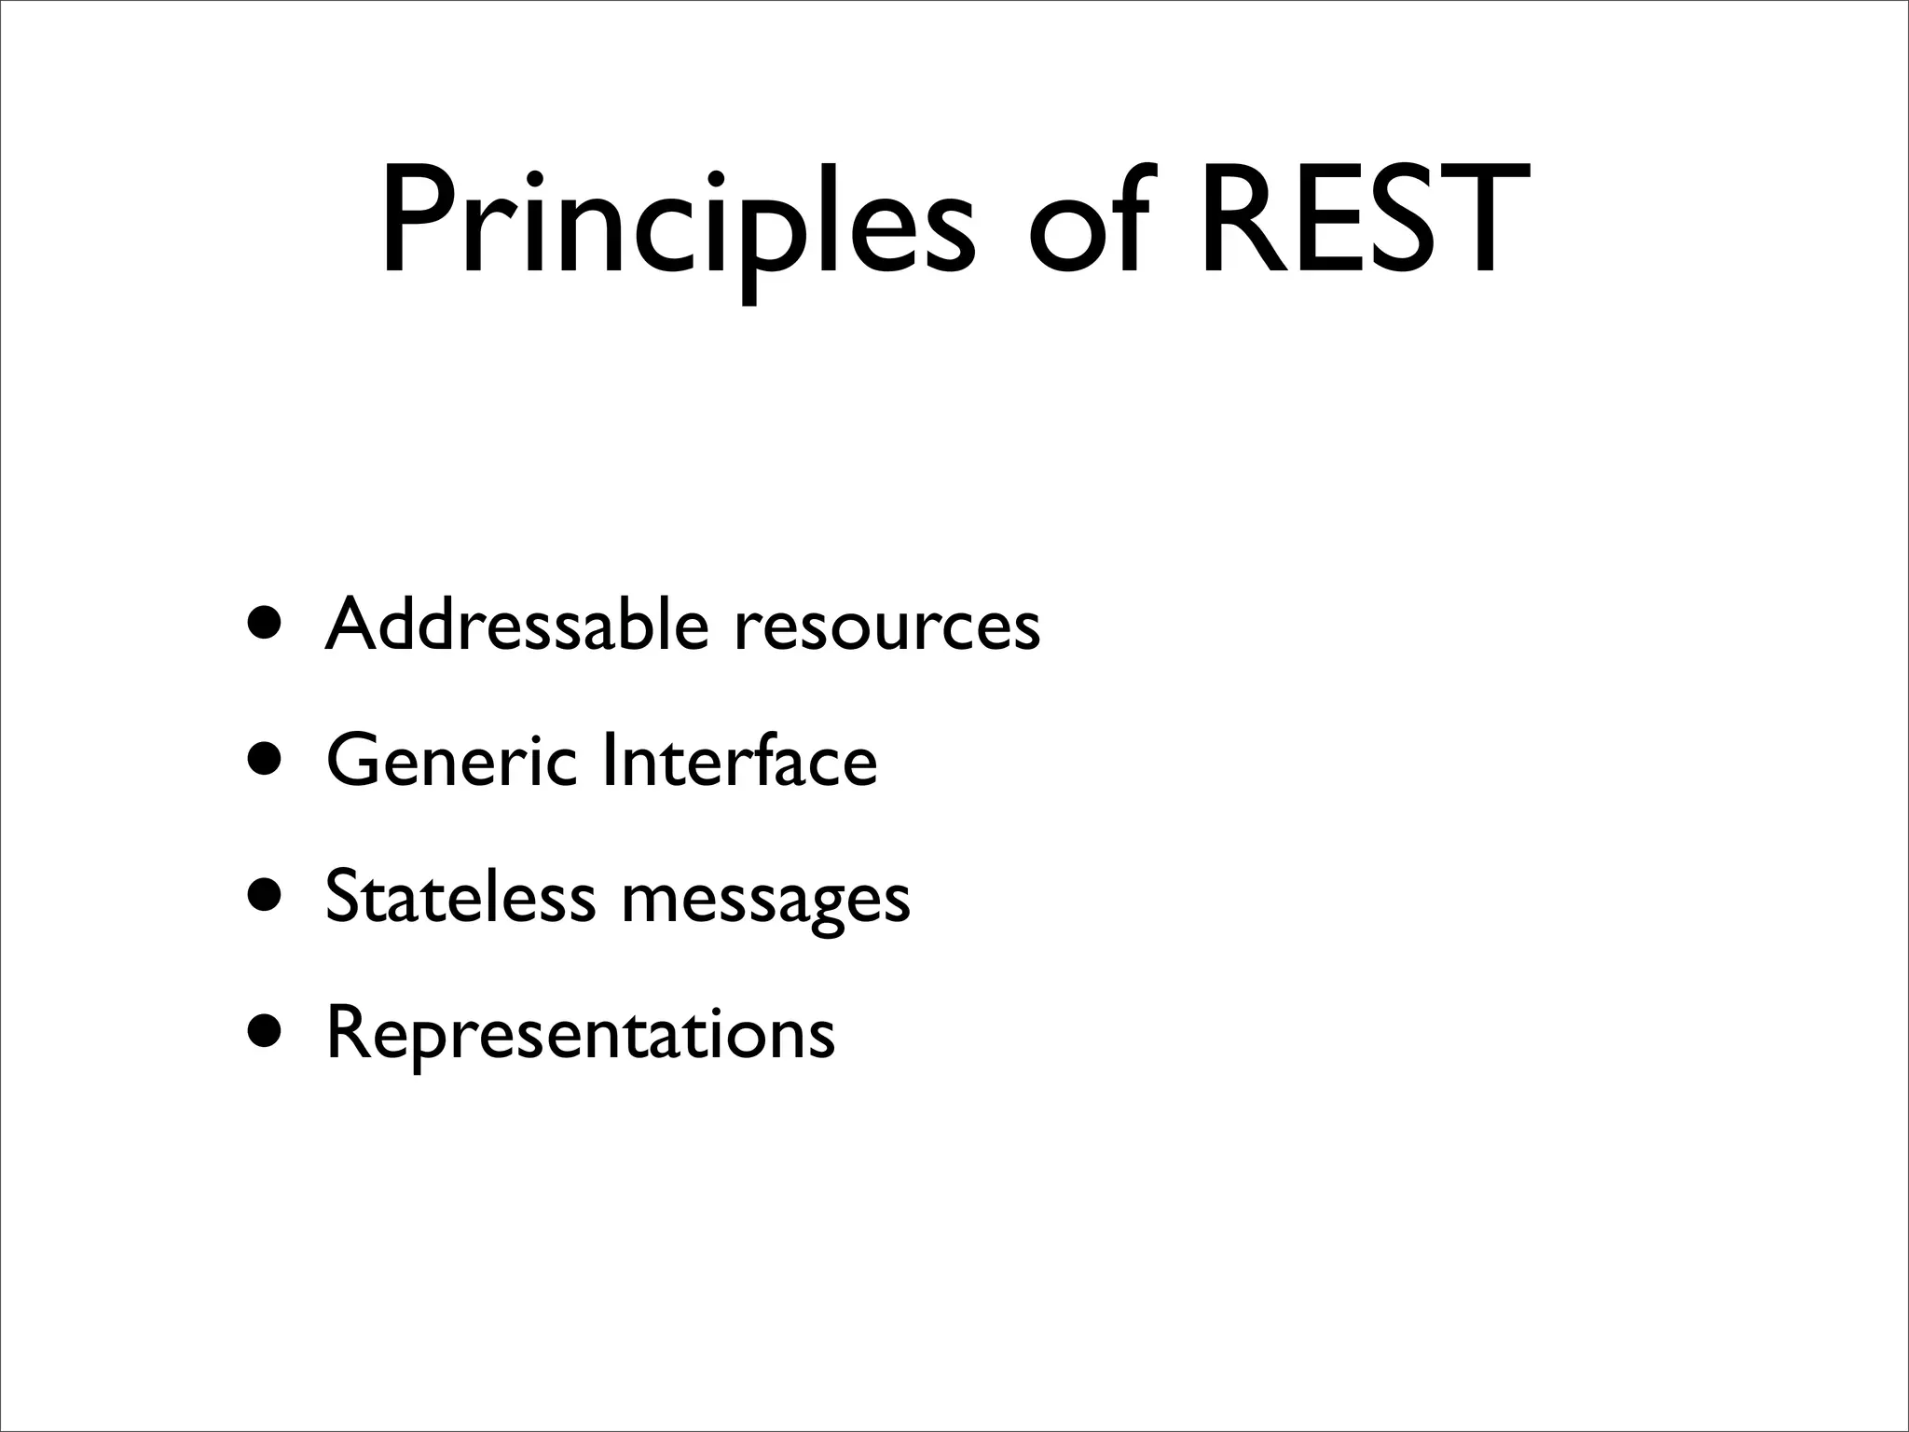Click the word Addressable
point(517,624)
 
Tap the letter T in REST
point(1477,221)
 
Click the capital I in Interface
point(609,760)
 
